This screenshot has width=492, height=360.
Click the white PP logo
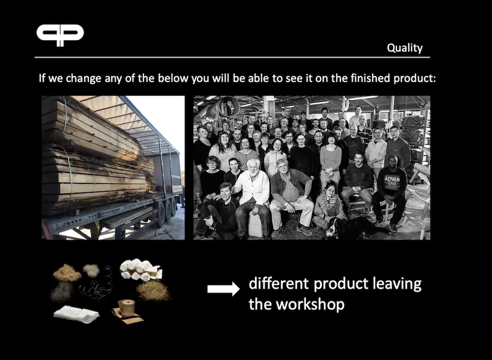pyautogui.click(x=60, y=35)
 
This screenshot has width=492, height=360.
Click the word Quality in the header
pyautogui.click(x=404, y=48)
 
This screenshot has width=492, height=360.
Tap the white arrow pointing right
pyautogui.click(x=223, y=289)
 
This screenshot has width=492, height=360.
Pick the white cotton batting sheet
pyautogui.click(x=76, y=314)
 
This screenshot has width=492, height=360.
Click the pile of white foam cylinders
pyautogui.click(x=140, y=270)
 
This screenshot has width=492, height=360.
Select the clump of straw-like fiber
pyautogui.click(x=154, y=291)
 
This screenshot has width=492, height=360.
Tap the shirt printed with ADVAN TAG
pyautogui.click(x=392, y=182)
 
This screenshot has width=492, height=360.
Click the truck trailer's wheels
pyautogui.click(x=166, y=210)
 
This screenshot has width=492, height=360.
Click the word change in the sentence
pyautogui.click(x=84, y=78)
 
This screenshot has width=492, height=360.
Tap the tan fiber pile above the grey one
pyautogui.click(x=67, y=273)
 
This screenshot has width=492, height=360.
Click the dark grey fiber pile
pyautogui.click(x=61, y=291)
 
